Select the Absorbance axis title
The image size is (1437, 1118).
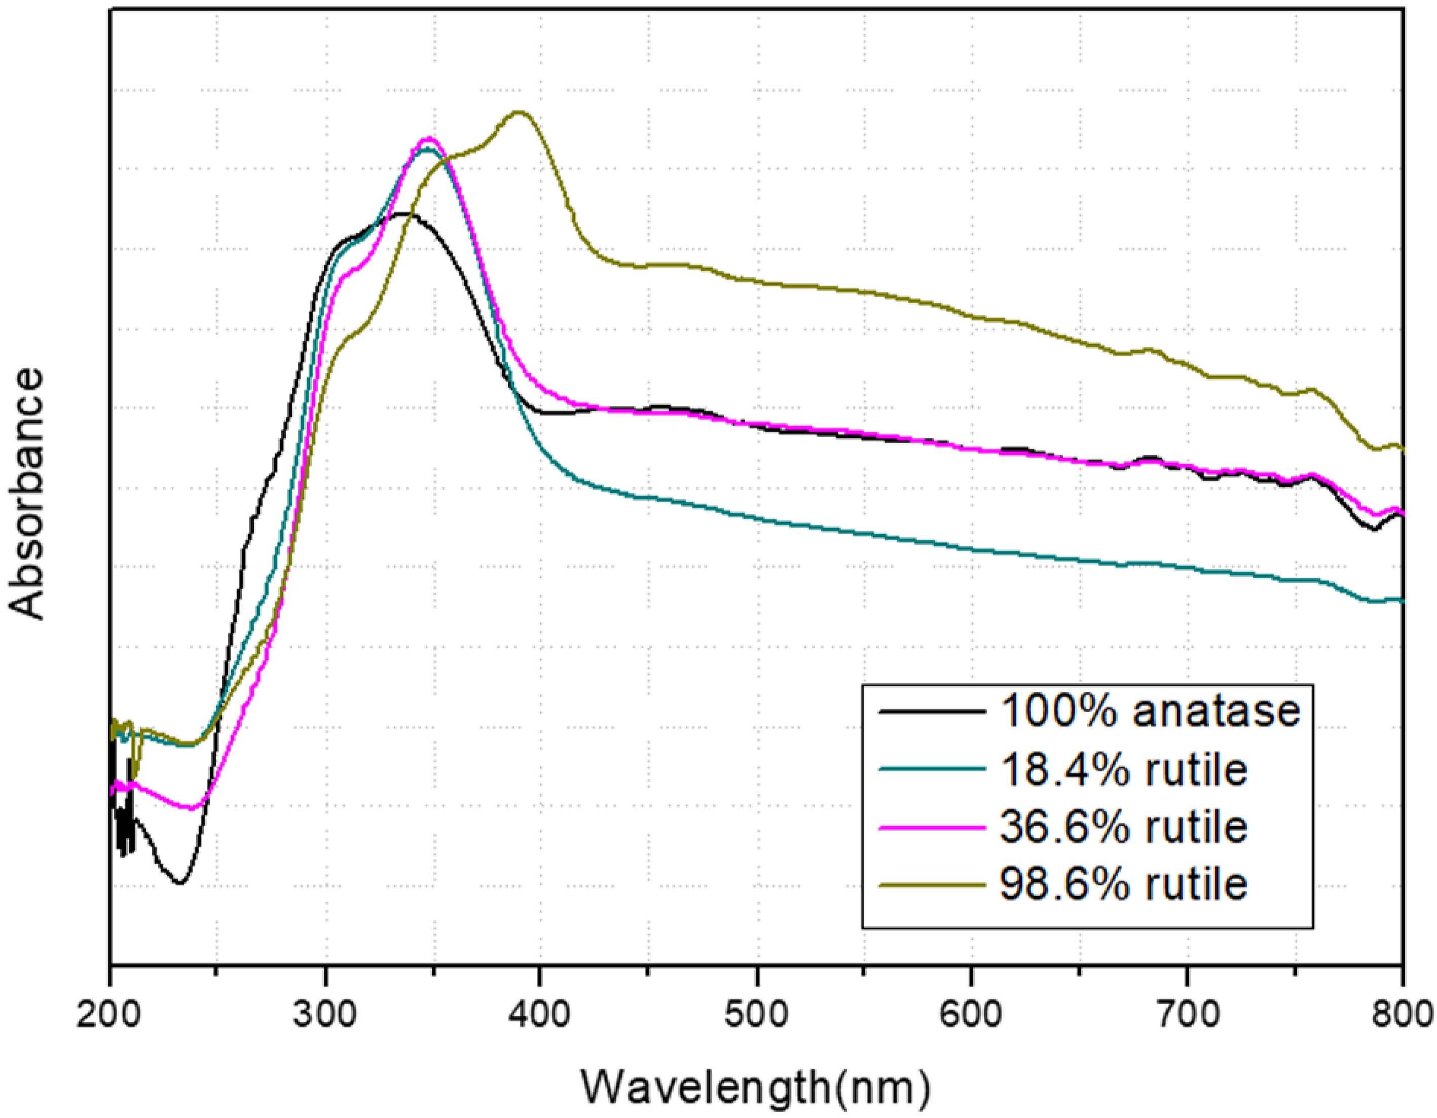(x=28, y=494)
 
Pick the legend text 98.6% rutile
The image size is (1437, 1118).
(x=1124, y=884)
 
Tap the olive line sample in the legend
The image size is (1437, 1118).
(x=933, y=884)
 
